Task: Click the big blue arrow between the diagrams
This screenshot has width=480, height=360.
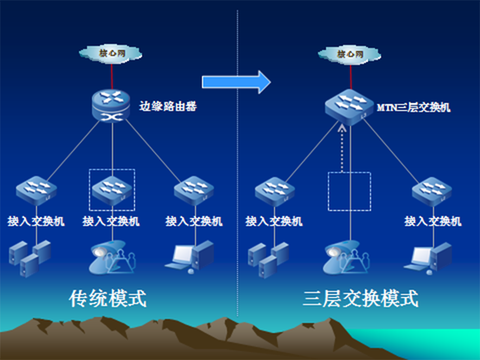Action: (x=236, y=82)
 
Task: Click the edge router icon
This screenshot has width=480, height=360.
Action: (x=112, y=106)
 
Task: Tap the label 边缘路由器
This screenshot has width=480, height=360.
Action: (x=168, y=107)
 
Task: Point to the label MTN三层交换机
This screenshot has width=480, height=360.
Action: (x=413, y=108)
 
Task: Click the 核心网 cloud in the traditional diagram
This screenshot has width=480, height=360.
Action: (x=112, y=53)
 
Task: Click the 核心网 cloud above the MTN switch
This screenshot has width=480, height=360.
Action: (x=350, y=54)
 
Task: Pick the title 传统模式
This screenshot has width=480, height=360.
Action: (x=108, y=298)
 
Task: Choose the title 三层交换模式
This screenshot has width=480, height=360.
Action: (x=360, y=298)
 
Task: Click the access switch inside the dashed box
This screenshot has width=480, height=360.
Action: (x=112, y=190)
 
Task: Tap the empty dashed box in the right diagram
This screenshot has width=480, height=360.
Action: (x=349, y=191)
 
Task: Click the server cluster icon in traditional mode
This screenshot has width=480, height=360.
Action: (x=28, y=254)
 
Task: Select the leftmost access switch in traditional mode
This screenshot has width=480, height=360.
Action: (x=36, y=190)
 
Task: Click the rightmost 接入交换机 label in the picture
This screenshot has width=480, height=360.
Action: (x=433, y=221)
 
